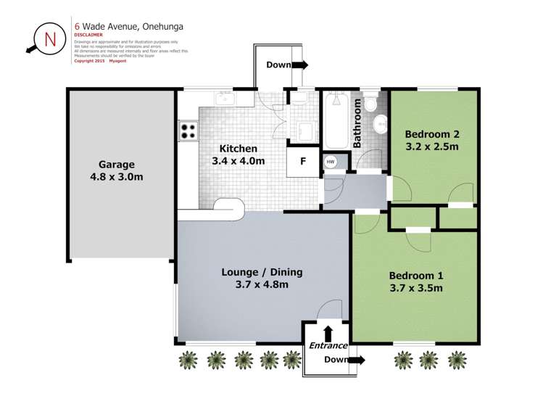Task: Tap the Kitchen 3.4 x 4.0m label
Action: pyautogui.click(x=238, y=155)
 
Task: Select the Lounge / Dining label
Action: pyautogui.click(x=262, y=279)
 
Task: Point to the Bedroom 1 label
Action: pyautogui.click(x=415, y=281)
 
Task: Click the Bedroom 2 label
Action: pyautogui.click(x=431, y=140)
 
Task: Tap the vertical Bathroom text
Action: pyautogui.click(x=357, y=124)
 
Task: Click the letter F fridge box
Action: pyautogui.click(x=304, y=162)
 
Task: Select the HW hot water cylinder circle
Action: pyautogui.click(x=331, y=162)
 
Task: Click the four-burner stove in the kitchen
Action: pyautogui.click(x=188, y=131)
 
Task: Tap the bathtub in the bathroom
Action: pyautogui.click(x=336, y=120)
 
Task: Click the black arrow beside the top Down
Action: pyautogui.click(x=300, y=65)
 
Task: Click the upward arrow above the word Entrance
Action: pyautogui.click(x=328, y=333)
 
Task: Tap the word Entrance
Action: pyautogui.click(x=328, y=345)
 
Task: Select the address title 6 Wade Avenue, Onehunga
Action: pyautogui.click(x=128, y=26)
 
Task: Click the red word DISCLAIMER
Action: pyautogui.click(x=88, y=35)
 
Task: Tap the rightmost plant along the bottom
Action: pyautogui.click(x=457, y=359)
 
